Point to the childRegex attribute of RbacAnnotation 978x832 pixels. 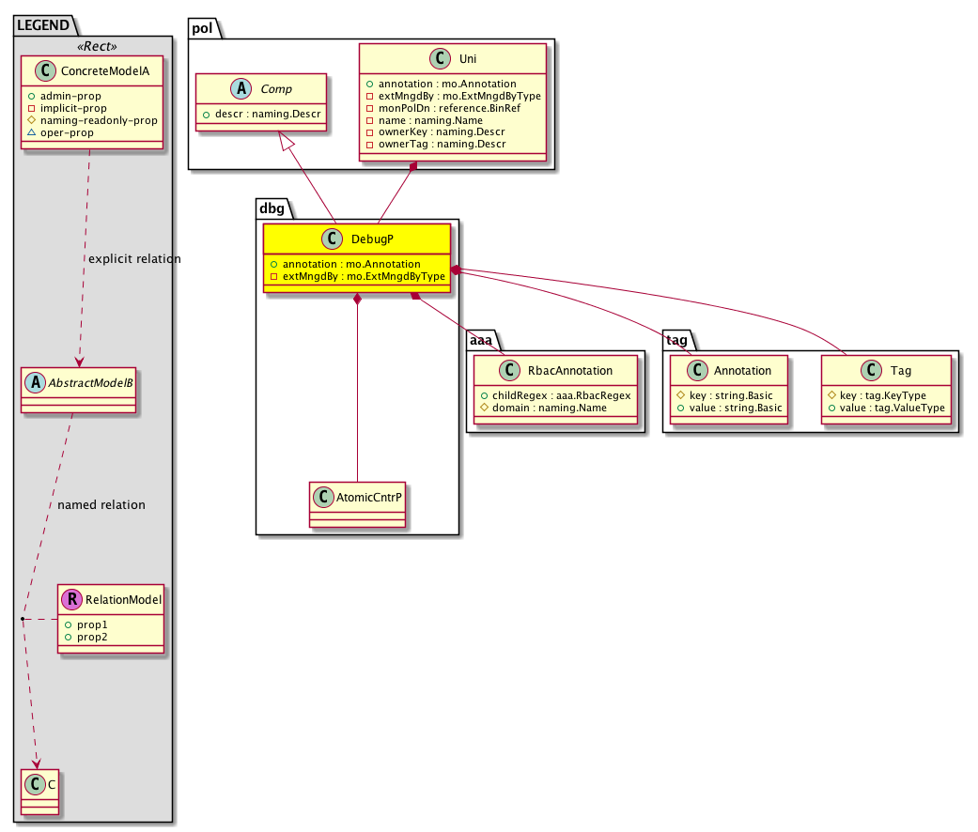point(560,395)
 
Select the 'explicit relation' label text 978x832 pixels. point(133,258)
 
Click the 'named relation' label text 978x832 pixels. point(101,504)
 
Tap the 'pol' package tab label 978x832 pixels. point(203,27)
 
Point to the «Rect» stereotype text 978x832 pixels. point(93,44)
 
